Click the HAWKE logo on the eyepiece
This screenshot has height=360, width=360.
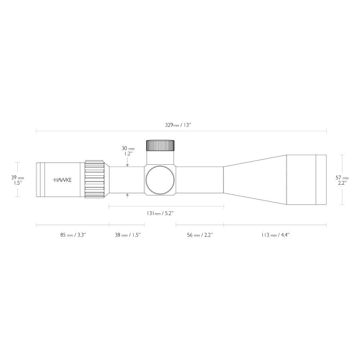(62, 180)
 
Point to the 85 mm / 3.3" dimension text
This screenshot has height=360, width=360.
(73, 235)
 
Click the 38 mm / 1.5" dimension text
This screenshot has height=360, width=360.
(127, 235)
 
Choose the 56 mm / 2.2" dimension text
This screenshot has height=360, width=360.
(200, 235)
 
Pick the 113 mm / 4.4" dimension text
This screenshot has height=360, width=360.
(275, 235)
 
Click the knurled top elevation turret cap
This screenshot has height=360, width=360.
(160, 145)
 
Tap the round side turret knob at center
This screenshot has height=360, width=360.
(160, 180)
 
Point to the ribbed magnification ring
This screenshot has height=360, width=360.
(94, 179)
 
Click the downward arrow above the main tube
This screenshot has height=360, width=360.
(127, 164)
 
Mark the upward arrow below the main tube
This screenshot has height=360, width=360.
(127, 195)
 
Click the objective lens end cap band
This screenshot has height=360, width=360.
(321, 180)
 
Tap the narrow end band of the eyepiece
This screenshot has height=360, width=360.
(40, 180)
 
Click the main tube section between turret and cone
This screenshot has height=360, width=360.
(200, 180)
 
